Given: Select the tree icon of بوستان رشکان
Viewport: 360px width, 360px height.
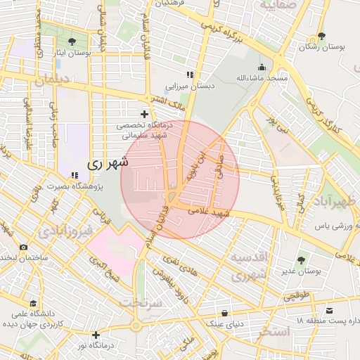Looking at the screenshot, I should (x=322, y=35).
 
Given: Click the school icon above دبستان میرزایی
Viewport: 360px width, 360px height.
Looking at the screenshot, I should (x=189, y=75).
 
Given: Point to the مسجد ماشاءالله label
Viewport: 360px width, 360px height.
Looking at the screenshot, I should (x=262, y=77).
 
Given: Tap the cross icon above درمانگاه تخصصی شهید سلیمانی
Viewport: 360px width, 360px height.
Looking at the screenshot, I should (x=145, y=113).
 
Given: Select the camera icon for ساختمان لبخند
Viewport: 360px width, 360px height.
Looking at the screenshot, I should (x=24, y=247).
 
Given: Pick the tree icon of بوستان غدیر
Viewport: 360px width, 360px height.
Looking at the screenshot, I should (x=302, y=260).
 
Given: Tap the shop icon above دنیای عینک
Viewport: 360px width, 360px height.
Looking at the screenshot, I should (x=224, y=313).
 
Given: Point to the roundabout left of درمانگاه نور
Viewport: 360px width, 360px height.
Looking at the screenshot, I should (x=135, y=326).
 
